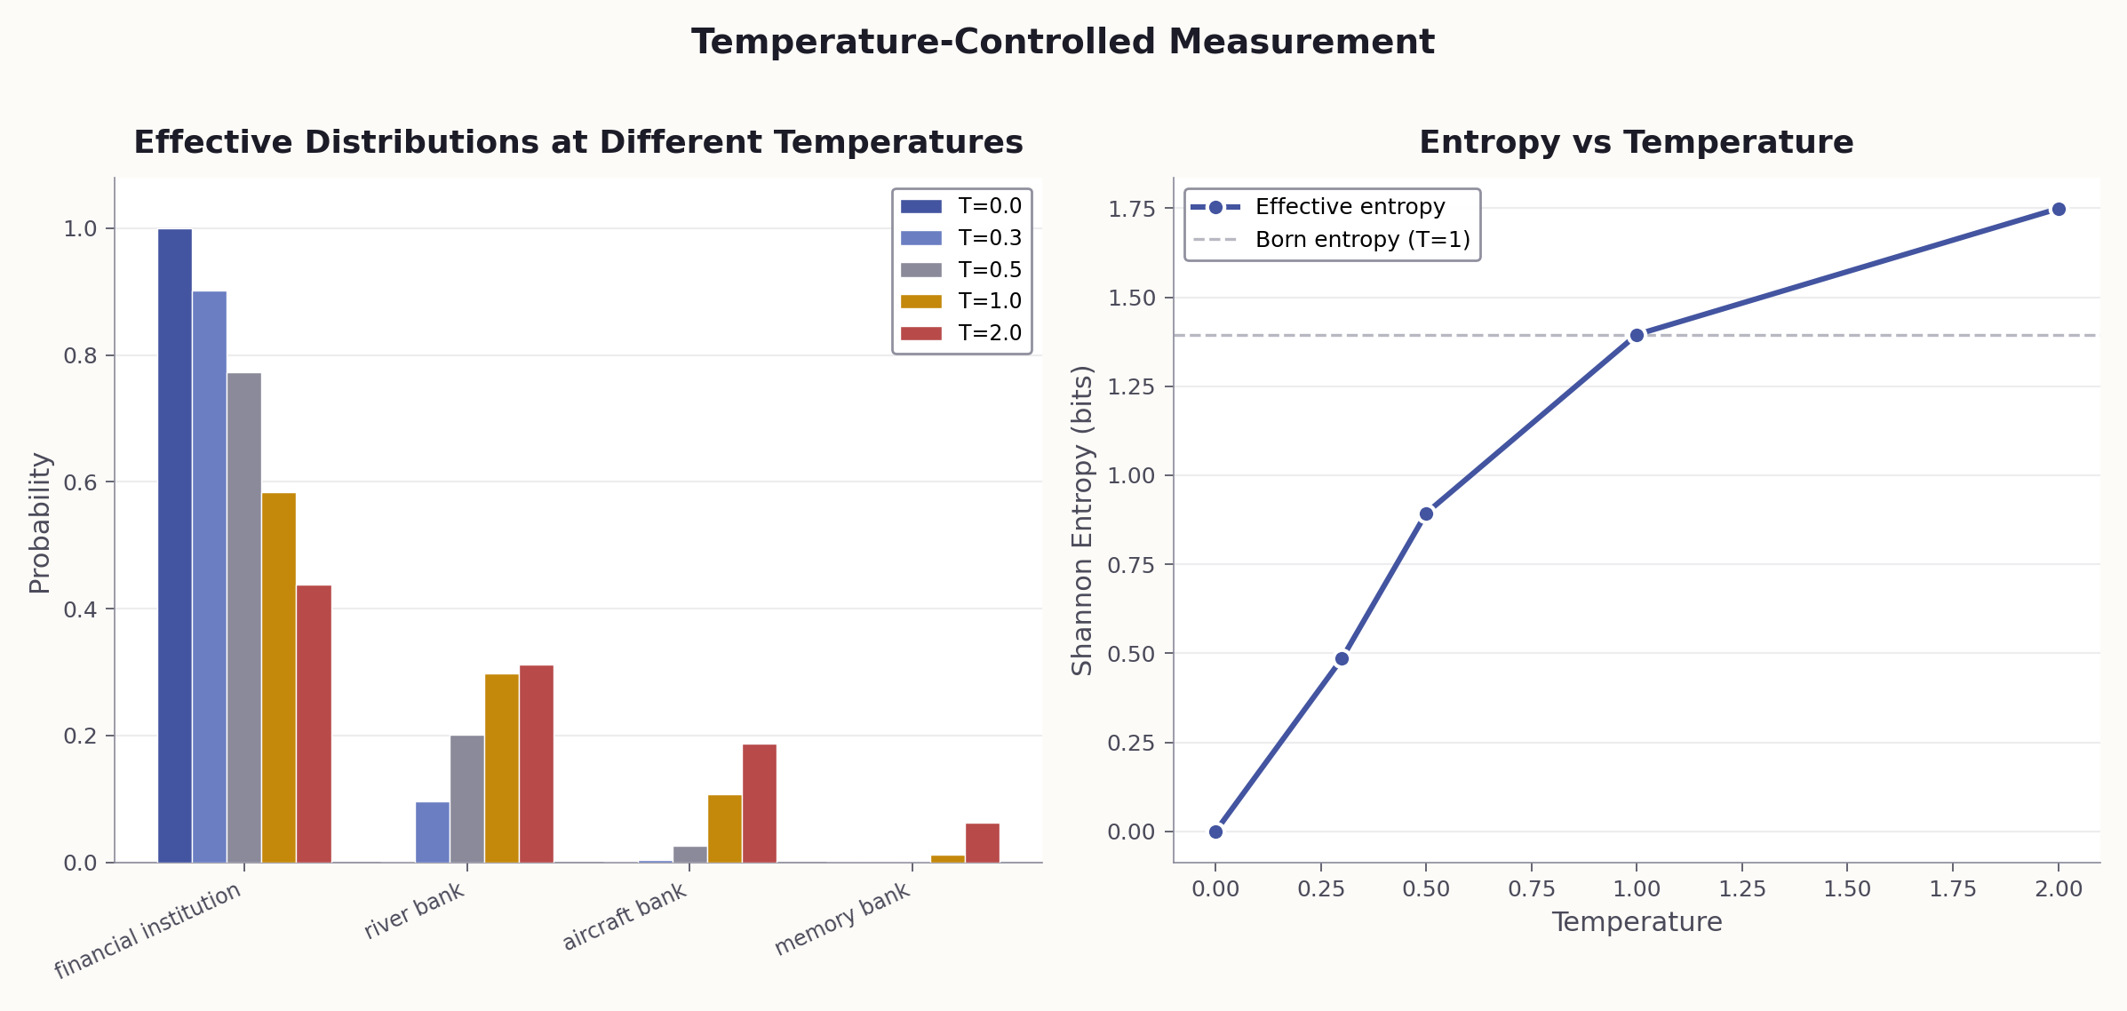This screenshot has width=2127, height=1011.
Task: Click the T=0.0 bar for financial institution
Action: [x=175, y=545]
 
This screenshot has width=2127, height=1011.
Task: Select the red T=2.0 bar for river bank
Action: [x=537, y=764]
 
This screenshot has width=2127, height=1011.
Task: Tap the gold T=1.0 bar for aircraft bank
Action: [x=724, y=829]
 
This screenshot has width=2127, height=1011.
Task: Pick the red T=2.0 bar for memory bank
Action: [x=982, y=843]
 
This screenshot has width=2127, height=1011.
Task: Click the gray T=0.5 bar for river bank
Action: [x=467, y=799]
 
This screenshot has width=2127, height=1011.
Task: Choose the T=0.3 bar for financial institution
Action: [x=210, y=577]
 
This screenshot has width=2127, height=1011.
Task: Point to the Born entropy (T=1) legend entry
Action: [x=1332, y=240]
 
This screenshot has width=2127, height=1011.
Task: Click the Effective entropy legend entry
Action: [x=1332, y=207]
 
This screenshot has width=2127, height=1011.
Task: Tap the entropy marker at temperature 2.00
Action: [x=2058, y=210]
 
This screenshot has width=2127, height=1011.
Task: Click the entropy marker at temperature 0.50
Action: [x=1426, y=514]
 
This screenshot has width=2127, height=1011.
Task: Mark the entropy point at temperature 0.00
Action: [x=1215, y=832]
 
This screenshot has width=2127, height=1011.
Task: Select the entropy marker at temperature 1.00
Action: [x=1637, y=336]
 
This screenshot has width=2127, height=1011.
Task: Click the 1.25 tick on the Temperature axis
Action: [x=1741, y=888]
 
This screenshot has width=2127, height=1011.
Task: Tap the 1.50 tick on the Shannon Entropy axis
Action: [x=1132, y=299]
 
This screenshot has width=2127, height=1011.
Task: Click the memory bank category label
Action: [x=842, y=919]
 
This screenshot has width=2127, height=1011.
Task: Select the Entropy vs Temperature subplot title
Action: [x=1636, y=142]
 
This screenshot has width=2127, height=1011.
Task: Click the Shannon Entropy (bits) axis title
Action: [x=1082, y=521]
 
